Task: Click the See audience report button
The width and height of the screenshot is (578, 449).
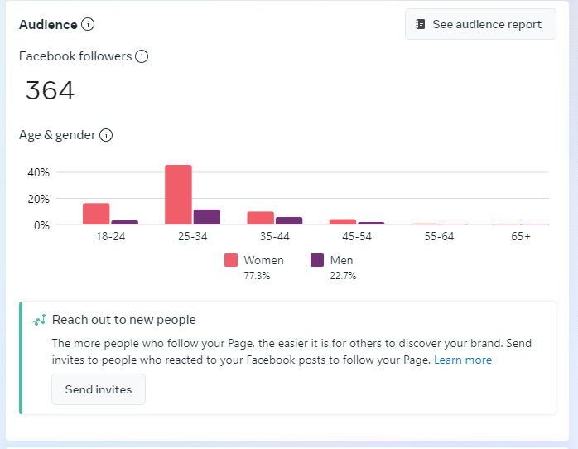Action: [480, 24]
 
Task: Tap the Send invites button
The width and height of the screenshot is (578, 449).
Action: [99, 389]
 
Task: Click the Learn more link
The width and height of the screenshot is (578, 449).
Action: [463, 360]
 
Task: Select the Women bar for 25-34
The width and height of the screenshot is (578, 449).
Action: [178, 195]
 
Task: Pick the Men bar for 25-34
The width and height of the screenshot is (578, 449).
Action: [207, 217]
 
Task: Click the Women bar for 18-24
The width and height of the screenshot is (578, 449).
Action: [96, 214]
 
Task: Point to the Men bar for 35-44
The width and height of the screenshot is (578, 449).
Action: [289, 220]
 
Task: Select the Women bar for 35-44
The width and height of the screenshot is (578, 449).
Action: [260, 218]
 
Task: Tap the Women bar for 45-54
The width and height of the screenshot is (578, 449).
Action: [342, 221]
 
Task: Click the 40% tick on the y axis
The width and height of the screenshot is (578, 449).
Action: [39, 172]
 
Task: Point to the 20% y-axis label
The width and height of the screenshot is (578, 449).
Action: [39, 199]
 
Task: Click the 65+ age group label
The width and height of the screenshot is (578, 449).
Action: [521, 237]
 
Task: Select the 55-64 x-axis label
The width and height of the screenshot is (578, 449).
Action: [438, 237]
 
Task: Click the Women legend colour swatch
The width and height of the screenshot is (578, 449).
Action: [231, 260]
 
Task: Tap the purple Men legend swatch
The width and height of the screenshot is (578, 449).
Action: [317, 260]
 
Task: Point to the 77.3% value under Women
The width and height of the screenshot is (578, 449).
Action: [257, 276]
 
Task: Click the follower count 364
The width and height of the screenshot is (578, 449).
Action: [50, 90]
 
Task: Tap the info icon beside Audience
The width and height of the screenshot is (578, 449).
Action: [88, 24]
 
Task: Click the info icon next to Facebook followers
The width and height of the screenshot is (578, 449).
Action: [142, 56]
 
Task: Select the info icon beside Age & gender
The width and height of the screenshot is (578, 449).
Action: [106, 135]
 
